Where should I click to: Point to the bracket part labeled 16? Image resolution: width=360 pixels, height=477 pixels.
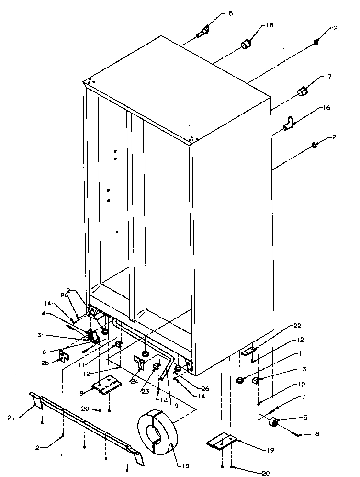(x=289, y=124)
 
